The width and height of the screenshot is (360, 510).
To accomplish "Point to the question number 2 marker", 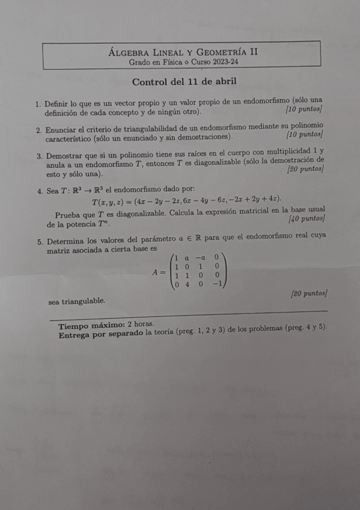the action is (38, 130).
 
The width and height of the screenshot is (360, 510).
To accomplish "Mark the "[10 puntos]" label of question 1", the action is (304, 109).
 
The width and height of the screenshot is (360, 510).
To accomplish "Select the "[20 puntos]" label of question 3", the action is (307, 170).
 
